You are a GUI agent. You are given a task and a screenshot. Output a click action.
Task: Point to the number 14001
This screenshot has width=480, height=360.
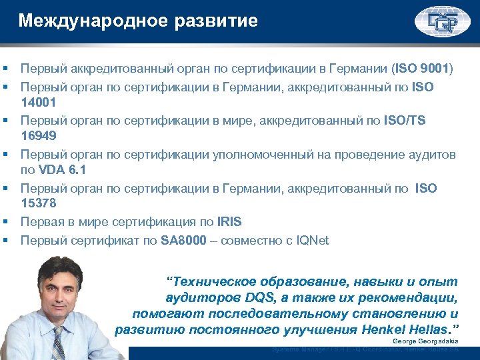(x=38, y=102)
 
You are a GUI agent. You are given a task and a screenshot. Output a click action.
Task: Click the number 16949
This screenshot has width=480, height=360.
(x=38, y=135)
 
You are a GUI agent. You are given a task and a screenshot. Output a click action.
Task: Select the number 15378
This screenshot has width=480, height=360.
(x=38, y=203)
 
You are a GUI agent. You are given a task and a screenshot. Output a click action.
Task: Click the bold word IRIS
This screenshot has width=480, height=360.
(x=230, y=221)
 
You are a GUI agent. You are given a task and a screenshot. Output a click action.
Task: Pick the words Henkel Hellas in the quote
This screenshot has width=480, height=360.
(x=406, y=329)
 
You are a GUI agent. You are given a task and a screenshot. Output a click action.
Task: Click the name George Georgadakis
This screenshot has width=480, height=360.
(x=425, y=341)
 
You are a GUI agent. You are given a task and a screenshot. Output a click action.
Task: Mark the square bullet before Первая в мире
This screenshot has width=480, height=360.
(x=5, y=222)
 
